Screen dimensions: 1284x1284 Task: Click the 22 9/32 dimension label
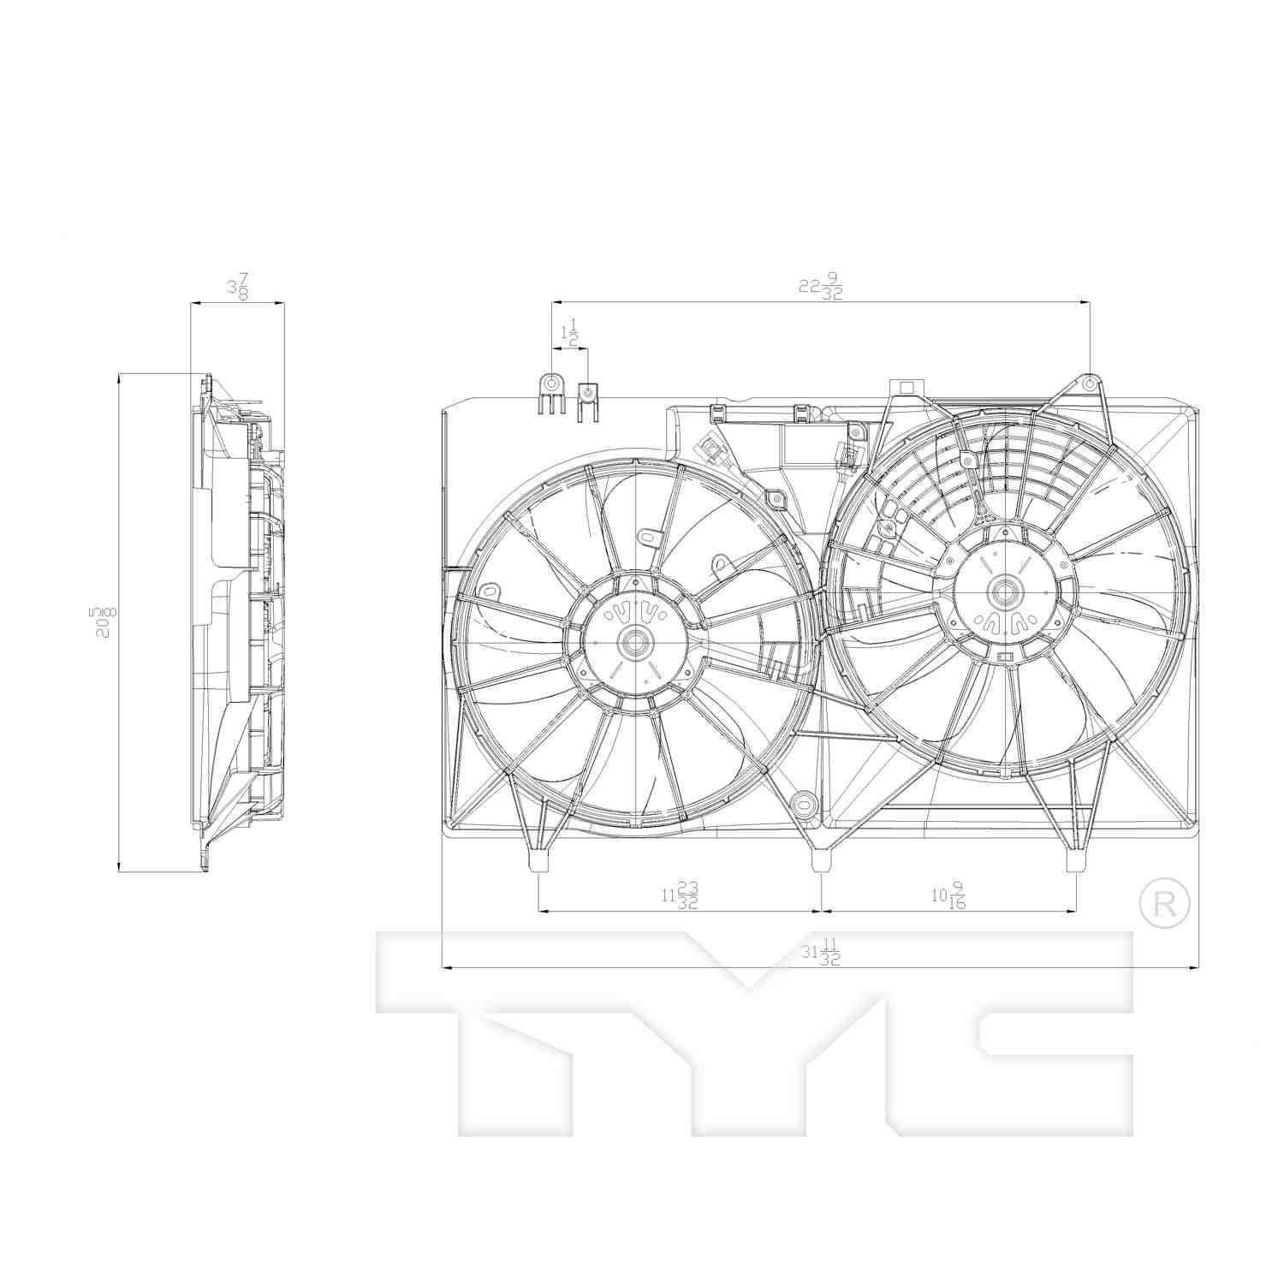[820, 287]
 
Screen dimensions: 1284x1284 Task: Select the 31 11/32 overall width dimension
[819, 953]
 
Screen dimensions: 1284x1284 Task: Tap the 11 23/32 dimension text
[680, 895]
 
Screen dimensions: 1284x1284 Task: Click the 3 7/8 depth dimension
[237, 287]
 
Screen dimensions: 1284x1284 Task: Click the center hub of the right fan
[1002, 591]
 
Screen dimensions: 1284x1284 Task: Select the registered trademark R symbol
[1165, 901]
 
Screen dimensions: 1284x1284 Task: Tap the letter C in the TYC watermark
[1010, 1040]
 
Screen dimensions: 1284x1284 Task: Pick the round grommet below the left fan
[803, 802]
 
